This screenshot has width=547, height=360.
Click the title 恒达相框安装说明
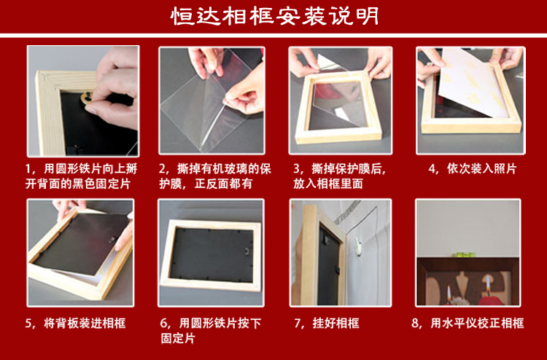click(275, 16)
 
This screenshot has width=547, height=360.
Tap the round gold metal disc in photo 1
click(86, 98)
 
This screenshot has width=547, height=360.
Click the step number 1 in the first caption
click(28, 169)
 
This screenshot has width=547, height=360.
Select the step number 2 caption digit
click(162, 169)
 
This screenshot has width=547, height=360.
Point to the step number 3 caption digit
click(297, 169)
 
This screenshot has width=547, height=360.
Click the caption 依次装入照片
click(481, 169)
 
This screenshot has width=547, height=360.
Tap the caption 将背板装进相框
click(85, 324)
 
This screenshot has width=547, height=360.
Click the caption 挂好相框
click(335, 324)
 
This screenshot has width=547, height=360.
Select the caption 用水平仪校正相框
click(477, 324)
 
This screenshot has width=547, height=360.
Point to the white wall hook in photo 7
click(358, 245)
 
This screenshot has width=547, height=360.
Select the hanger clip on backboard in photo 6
click(247, 251)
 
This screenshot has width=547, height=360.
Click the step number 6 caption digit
click(163, 324)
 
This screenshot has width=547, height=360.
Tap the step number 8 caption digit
click(415, 324)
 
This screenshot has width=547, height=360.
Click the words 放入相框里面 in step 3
click(328, 184)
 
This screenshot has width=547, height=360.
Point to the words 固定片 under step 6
click(177, 338)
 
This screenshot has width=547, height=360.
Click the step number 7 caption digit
click(298, 324)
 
